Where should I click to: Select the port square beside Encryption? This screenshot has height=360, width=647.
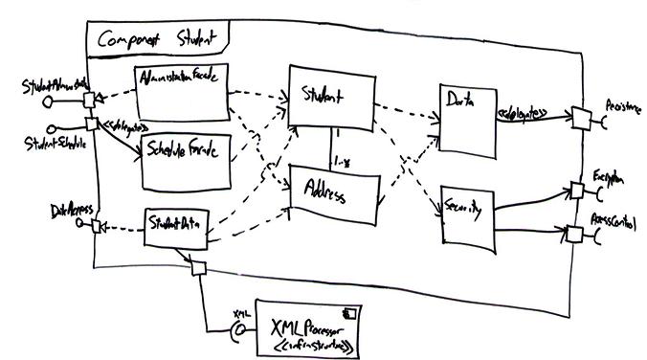pyautogui.click(x=577, y=189)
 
